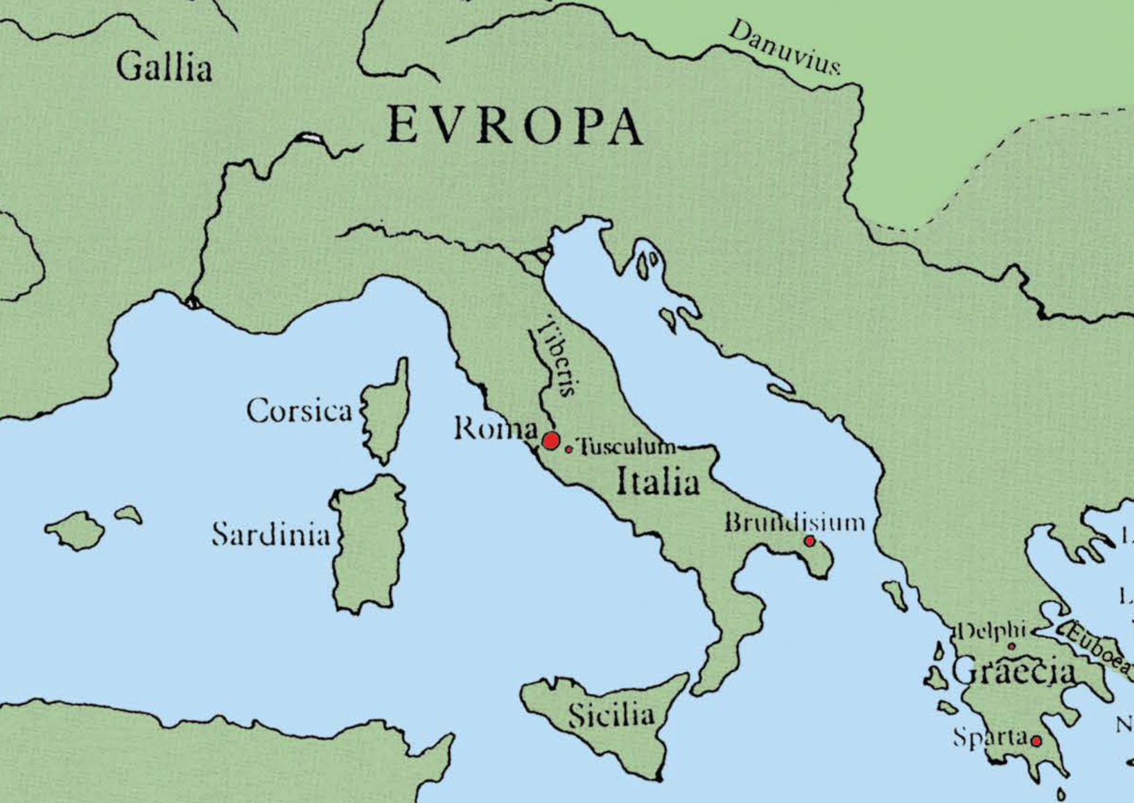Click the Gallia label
tap(164, 68)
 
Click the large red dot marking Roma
tap(551, 441)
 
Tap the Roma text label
tap(495, 429)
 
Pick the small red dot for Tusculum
tap(569, 449)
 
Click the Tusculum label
tap(625, 446)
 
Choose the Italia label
tap(658, 482)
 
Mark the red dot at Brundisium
tap(809, 541)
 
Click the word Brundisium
tap(794, 521)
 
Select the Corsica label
tap(299, 411)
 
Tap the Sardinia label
tap(270, 534)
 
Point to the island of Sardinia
tap(369, 544)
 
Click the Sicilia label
tap(611, 714)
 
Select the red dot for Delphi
tap(1011, 646)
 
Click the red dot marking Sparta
tap(1036, 741)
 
